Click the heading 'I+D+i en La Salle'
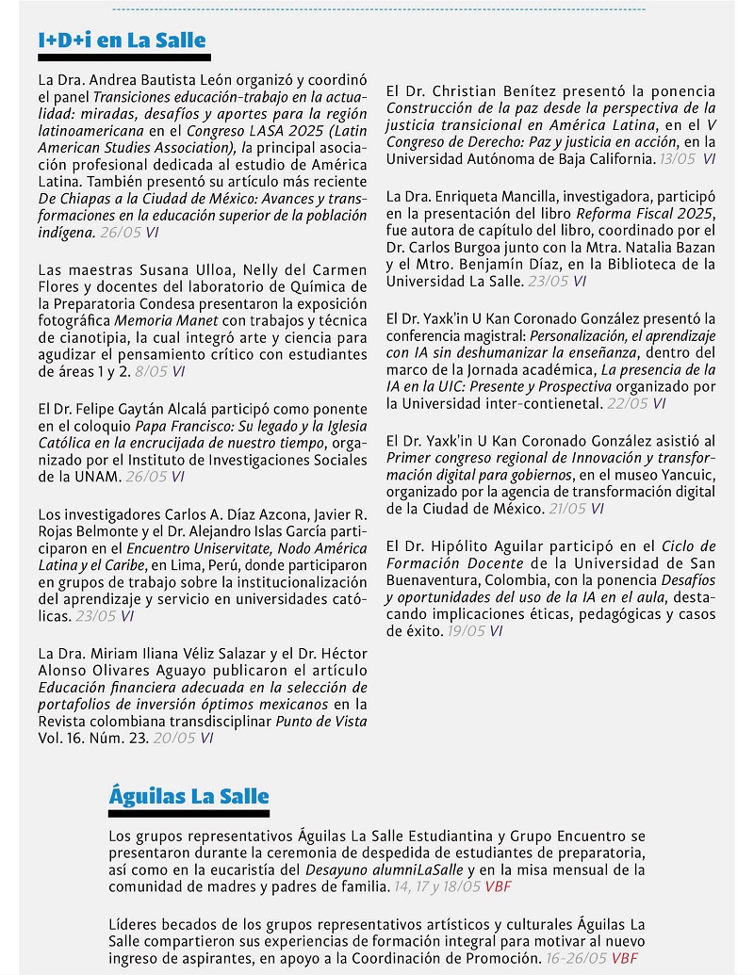[122, 41]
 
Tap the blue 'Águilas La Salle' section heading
[188, 796]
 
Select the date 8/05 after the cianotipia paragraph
[152, 371]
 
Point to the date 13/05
[678, 158]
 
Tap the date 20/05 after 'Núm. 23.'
[174, 738]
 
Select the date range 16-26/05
[577, 959]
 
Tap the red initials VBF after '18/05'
[498, 886]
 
